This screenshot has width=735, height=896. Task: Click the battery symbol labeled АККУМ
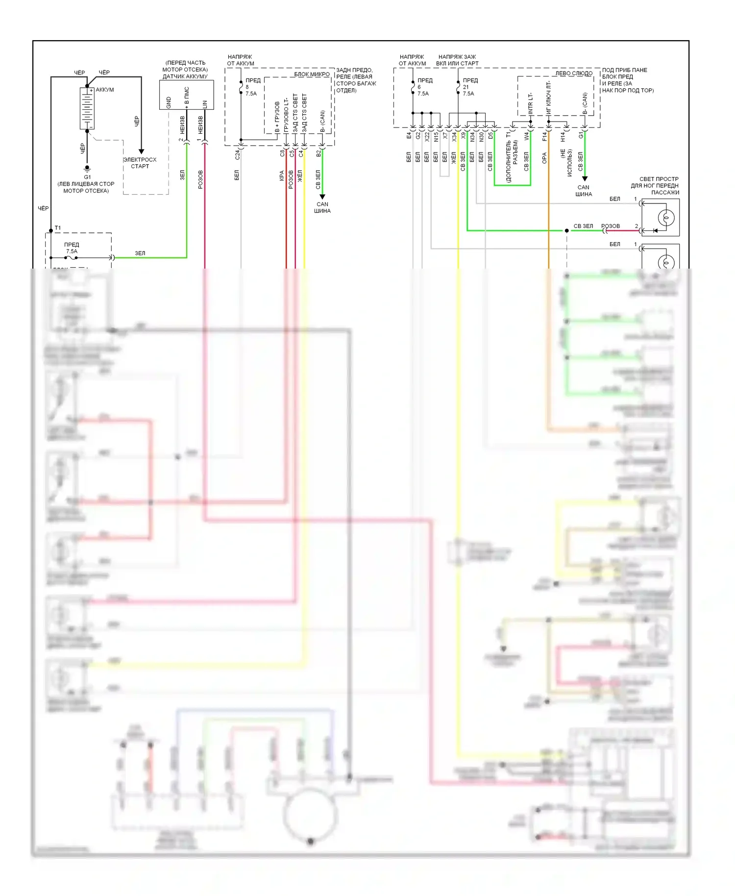[x=87, y=108]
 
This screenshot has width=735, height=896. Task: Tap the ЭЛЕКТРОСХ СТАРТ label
[x=140, y=163]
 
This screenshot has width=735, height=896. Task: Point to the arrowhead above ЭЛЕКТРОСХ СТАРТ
[x=141, y=151]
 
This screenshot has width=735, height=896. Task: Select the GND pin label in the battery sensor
[x=169, y=102]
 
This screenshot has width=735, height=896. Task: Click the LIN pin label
[x=205, y=104]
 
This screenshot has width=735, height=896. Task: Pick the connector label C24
[x=237, y=155]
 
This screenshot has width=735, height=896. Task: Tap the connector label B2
[x=318, y=153]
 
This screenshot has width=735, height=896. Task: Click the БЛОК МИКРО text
[x=312, y=75]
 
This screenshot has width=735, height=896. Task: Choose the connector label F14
[x=544, y=137]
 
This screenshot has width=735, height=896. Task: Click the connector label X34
[x=454, y=137]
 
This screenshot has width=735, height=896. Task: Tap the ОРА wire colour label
[x=544, y=158]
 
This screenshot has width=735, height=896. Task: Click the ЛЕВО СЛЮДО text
[x=573, y=74]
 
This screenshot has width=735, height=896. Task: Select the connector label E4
[x=409, y=135]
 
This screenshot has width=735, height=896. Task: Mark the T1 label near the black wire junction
[x=58, y=228]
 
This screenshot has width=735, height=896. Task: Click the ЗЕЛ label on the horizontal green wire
[x=140, y=253]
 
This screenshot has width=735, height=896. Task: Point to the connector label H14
[x=563, y=137]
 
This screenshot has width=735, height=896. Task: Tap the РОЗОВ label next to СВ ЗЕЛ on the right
[x=611, y=226]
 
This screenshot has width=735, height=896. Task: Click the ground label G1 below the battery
[x=87, y=177]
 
